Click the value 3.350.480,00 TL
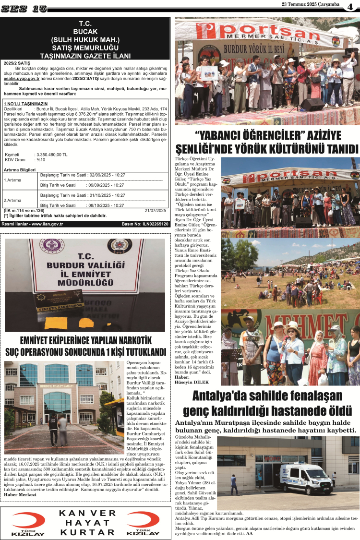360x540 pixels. (x=51, y=155)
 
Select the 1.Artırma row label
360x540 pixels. (x=12, y=180)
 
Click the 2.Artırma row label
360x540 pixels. (x=12, y=200)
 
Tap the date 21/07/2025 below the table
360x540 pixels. (x=155, y=210)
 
